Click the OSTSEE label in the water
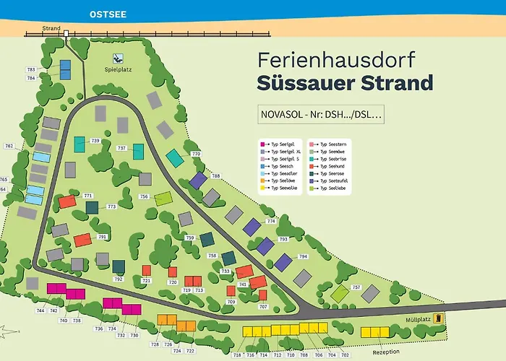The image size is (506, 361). pyautogui.click(x=106, y=14)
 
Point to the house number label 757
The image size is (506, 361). pyautogui.click(x=356, y=287)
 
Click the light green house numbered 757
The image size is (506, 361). pyautogui.click(x=339, y=293)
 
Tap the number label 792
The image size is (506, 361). pyautogui.click(x=119, y=279)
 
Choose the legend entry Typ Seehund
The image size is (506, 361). pyautogui.click(x=332, y=165)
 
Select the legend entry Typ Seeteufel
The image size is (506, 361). pyautogui.click(x=333, y=180)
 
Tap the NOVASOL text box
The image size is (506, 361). pyautogui.click(x=320, y=115)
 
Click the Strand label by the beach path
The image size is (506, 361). pyautogui.click(x=51, y=29)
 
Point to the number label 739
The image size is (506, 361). pyautogui.click(x=95, y=140)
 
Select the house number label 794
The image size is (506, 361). pyautogui.click(x=303, y=256)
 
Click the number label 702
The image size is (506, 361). pyautogui.click(x=345, y=355)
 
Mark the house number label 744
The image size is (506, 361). pyautogui.click(x=40, y=310)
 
